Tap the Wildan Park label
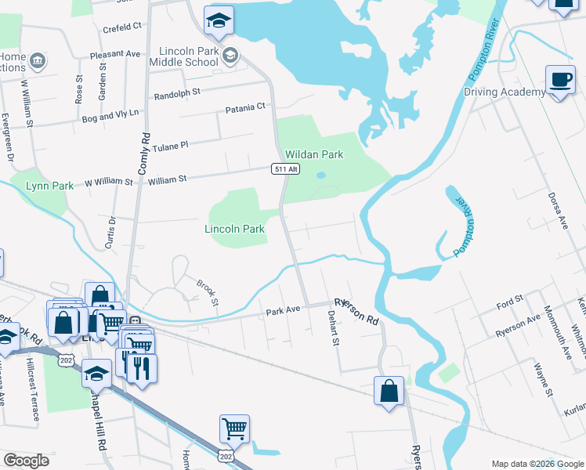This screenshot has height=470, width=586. coord(314,155)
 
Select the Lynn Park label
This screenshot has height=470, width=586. coord(49,186)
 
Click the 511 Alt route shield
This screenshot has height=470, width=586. coord(286,169)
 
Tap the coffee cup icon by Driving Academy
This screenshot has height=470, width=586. coord(560,80)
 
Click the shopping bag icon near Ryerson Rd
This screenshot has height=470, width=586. coord(389,390)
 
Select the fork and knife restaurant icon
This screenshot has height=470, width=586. coord(142,368)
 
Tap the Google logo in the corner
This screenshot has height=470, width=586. coord(26,461)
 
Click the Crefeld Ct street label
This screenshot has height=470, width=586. coord(122,27)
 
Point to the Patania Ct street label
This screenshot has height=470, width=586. coord(246,107)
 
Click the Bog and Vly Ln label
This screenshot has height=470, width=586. coord(110,114)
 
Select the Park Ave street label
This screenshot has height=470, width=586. coord(283,310)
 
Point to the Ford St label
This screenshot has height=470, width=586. coord(509,302)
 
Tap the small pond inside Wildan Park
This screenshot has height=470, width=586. coord(320,175)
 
